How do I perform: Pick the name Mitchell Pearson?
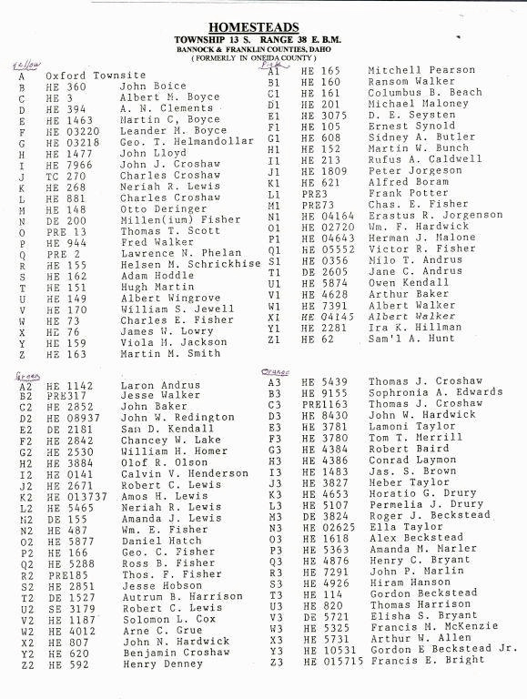pyautogui.click(x=421, y=70)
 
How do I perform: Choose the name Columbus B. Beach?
pyautogui.click(x=425, y=93)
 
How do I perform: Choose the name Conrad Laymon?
pyautogui.click(x=411, y=460)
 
